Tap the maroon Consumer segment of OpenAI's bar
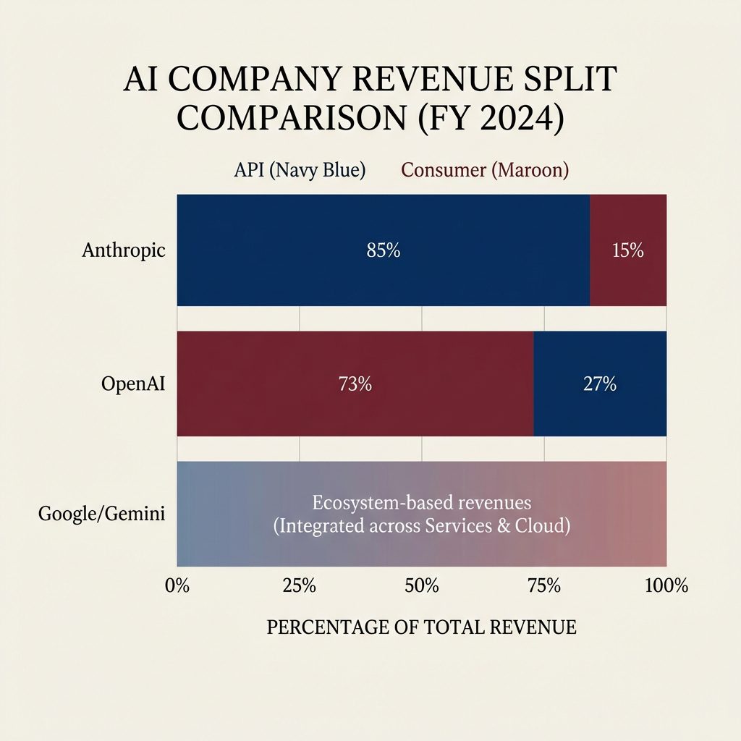click(275, 412)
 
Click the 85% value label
click(383, 251)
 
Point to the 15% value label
click(627, 251)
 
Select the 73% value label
click(355, 385)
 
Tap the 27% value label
click(599, 385)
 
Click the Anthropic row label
click(124, 251)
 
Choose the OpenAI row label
click(133, 384)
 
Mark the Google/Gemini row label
click(101, 515)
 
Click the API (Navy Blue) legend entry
click(300, 171)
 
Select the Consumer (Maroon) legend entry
click(485, 171)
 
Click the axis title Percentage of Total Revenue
click(422, 627)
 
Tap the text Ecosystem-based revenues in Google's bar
click(422, 502)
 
